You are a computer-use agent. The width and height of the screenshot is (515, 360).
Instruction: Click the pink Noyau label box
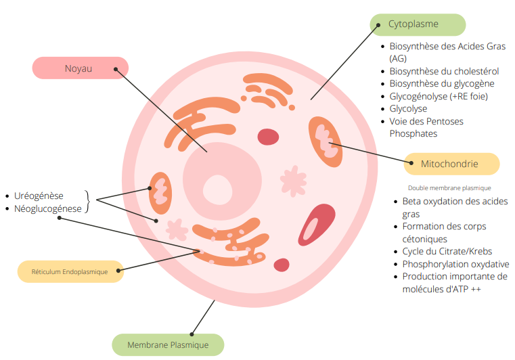80,68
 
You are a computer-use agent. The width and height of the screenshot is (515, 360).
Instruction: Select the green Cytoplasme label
418,24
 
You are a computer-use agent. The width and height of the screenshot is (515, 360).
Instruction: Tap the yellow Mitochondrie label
451,164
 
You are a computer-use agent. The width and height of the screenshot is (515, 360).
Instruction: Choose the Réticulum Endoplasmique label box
70,271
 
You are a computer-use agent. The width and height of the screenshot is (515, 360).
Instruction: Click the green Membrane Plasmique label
168,344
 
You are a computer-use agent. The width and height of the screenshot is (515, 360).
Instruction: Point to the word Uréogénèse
39,196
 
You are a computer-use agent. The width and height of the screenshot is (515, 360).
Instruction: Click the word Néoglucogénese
47,209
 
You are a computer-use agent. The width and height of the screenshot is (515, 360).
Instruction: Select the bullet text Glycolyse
408,109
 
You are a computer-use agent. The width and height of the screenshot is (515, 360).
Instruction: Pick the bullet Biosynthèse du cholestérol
444,71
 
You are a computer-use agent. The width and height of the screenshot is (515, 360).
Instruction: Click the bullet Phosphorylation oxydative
455,265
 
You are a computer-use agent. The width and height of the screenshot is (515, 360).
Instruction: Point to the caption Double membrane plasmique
449,188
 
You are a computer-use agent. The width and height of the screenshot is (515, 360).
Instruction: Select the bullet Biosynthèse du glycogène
441,84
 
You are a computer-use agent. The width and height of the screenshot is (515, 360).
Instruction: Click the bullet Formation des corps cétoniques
444,233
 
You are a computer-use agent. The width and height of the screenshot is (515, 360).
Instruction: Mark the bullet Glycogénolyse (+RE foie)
439,96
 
